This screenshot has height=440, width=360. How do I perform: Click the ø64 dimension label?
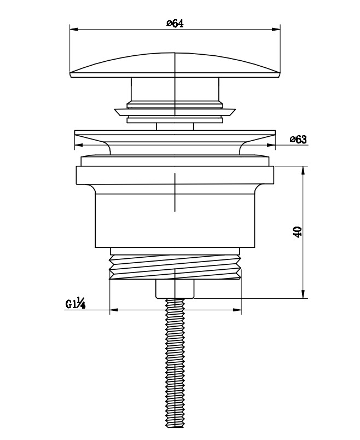point(175,24)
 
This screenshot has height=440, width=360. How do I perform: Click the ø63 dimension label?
point(298,139)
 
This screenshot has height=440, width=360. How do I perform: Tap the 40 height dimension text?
point(298,232)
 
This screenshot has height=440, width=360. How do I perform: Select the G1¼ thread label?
point(76,303)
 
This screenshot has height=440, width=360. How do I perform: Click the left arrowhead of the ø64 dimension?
point(74,29)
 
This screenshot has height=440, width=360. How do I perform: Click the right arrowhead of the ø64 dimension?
point(276,29)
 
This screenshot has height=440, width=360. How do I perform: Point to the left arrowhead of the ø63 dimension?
point(79,145)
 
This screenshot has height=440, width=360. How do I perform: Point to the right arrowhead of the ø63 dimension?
point(271,145)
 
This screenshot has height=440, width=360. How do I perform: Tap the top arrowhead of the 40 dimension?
point(303,170)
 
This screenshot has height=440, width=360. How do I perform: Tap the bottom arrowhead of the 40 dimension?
point(303,294)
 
